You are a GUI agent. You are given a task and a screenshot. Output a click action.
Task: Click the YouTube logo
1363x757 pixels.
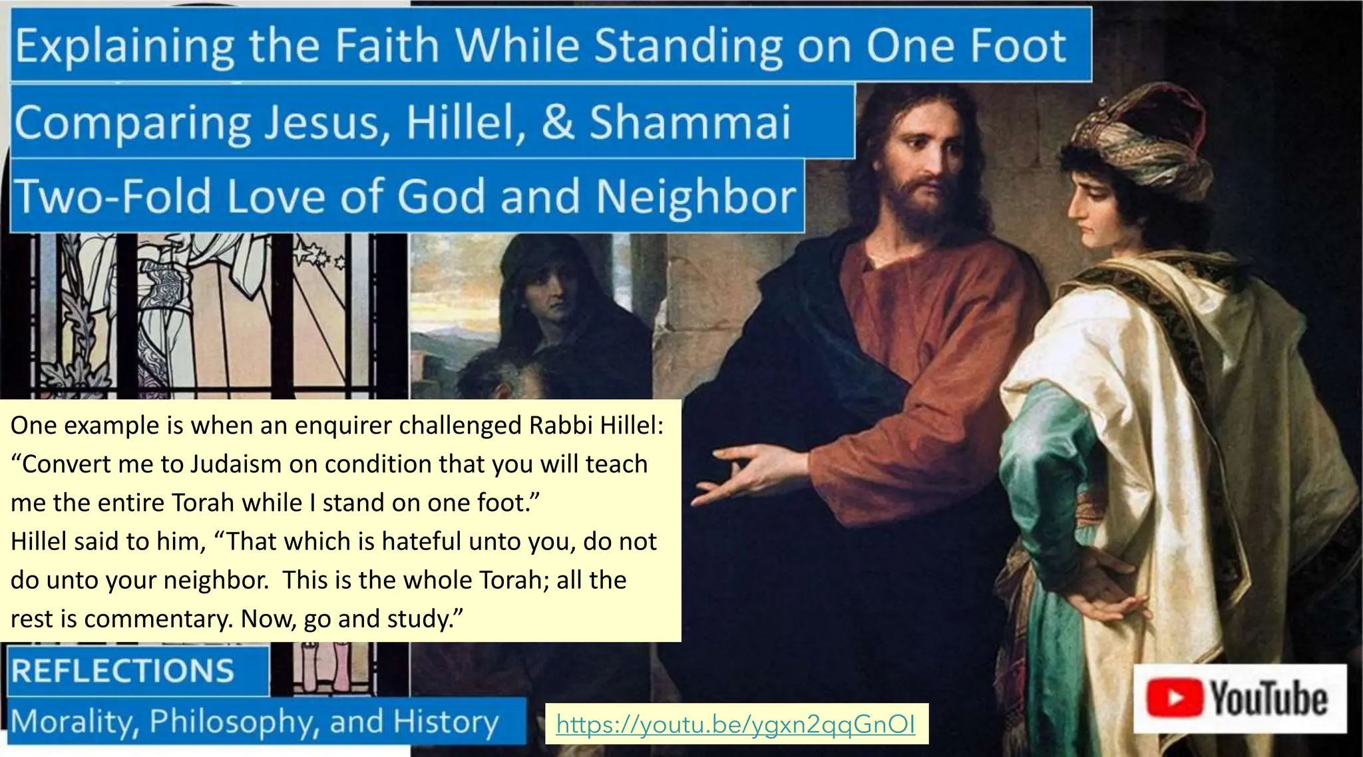coord(1239,698)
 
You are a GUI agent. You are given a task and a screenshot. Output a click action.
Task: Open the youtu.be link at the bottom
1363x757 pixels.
coord(735,724)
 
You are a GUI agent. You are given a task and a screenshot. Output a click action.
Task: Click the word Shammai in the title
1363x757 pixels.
coord(690,122)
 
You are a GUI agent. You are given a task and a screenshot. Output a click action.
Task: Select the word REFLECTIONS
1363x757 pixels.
coord(123,671)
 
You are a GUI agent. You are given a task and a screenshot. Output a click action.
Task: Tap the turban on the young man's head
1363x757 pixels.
coord(1138,140)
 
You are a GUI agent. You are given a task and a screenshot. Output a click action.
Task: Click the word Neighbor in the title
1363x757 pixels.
coord(695,197)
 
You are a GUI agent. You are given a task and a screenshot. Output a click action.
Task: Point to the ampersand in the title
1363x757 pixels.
coord(558,122)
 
